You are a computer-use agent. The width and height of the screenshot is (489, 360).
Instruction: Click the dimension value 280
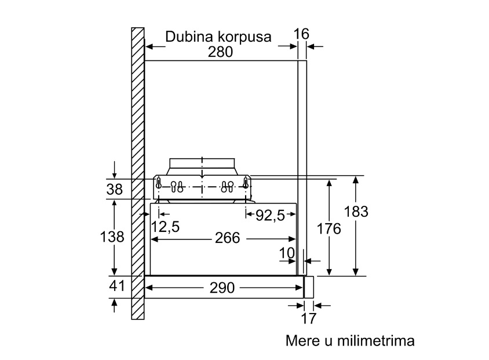[x=220, y=52]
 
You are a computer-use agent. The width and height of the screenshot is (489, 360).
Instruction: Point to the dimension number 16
[x=301, y=34]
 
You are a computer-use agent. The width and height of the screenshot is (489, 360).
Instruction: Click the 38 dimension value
[x=115, y=190]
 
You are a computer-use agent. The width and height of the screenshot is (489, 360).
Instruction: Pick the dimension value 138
[x=112, y=237]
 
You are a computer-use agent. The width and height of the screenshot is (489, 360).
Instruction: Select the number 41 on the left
[x=116, y=286]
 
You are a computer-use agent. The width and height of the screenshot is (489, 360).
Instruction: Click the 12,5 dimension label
[x=165, y=227]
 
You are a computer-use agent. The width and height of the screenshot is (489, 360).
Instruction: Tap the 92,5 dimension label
[x=270, y=215]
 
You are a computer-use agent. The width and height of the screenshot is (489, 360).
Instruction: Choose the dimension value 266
[x=227, y=238]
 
